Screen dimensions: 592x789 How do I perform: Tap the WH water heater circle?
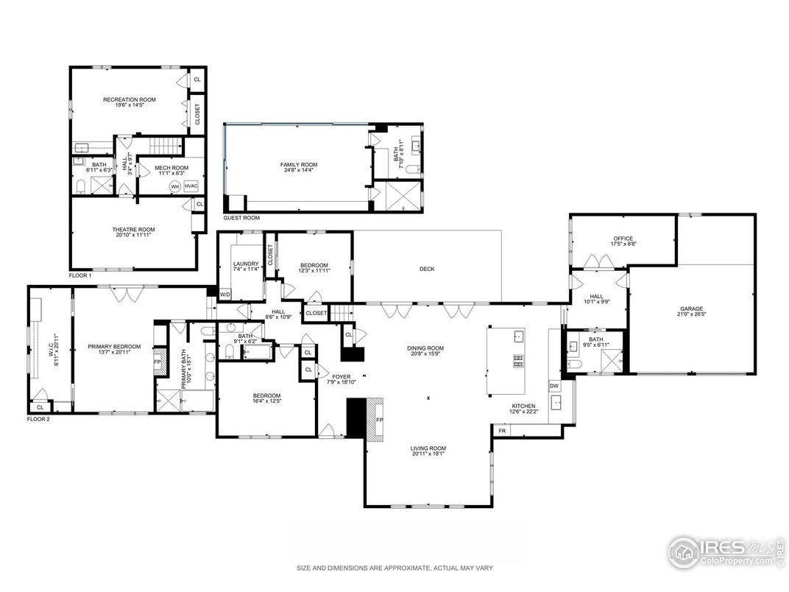click(175, 186)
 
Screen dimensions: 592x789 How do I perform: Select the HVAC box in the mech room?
click(191, 186)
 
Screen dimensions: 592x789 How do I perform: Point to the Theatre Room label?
click(133, 229)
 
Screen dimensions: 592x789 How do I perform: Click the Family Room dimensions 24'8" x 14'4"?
click(297, 171)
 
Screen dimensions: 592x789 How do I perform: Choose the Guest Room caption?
click(241, 218)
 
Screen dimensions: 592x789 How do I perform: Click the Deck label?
click(427, 269)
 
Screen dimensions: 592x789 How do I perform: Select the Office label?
click(623, 239)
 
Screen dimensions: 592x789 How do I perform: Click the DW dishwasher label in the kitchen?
click(553, 386)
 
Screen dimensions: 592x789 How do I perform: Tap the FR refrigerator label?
click(503, 430)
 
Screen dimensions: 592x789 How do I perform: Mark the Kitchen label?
click(524, 406)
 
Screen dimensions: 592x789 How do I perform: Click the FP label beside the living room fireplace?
click(380, 420)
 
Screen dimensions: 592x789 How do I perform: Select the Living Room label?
click(428, 448)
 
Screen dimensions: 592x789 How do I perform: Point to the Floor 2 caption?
click(38, 418)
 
